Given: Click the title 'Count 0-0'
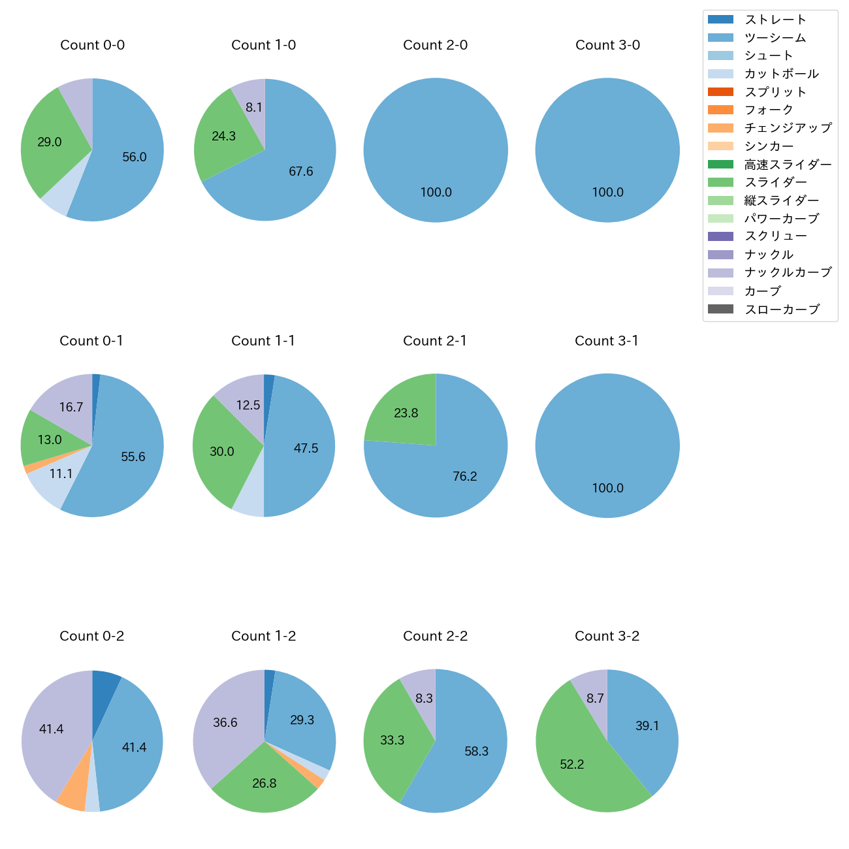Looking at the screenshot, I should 92,45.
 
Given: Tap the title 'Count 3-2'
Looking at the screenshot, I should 607,636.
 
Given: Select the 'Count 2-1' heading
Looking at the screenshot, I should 435,341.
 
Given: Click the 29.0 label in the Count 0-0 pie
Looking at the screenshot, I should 50,142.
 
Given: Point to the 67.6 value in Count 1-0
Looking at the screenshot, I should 301,172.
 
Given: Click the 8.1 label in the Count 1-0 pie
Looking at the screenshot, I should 254,107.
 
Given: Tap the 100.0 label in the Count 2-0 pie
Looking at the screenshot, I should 436,193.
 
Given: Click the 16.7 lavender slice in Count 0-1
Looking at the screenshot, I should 65,405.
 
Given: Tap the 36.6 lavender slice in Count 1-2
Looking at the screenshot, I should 225,722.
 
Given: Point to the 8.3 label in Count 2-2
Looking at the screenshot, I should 424,699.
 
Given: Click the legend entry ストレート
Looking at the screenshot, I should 775,20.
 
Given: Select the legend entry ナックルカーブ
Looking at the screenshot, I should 788,273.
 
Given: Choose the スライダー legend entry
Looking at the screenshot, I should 775,182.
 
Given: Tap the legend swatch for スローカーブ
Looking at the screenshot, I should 720,309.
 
